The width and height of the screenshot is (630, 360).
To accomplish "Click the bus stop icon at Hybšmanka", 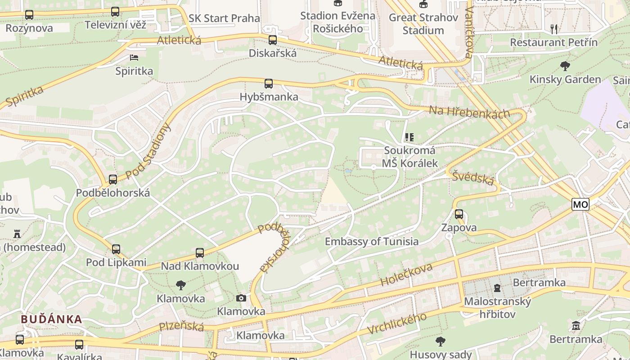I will point(269,83).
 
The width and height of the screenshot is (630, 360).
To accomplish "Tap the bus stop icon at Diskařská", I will point(273,40).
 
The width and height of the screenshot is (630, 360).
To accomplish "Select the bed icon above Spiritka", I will point(134,57).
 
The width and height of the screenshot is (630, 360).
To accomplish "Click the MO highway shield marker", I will point(580,204).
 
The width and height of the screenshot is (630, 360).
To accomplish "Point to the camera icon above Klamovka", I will point(241,298).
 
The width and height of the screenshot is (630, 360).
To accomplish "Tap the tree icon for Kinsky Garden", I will point(565,67).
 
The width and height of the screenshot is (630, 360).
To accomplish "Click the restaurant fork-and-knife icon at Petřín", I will point(554,29).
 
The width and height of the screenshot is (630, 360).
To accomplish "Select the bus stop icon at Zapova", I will point(459,214).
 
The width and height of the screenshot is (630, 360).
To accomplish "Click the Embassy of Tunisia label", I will point(372,242).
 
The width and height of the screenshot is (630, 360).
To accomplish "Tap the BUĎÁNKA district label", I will point(52,319).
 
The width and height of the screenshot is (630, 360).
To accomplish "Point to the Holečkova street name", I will point(406,275).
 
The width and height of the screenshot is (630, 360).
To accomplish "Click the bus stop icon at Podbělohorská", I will point(113,179).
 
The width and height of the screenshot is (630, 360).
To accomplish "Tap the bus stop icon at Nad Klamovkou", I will point(200,253).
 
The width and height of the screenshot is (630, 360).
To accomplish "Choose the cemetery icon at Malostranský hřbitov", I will point(497,288).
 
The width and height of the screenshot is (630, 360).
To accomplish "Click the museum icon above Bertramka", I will point(576,325).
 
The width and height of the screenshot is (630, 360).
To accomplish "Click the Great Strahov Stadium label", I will point(423,24).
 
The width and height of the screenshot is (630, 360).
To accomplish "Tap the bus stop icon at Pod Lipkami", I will point(116,249).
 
